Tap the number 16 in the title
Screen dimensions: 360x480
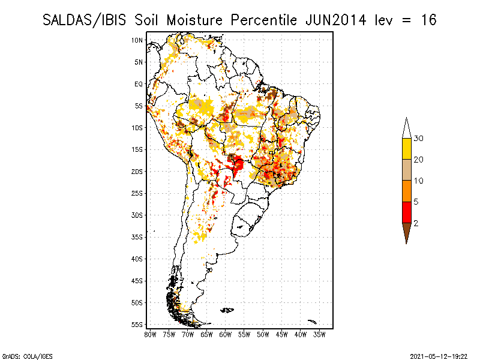pos(428,20)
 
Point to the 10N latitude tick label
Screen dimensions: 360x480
pos(137,40)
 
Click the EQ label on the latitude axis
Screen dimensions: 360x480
pos(139,84)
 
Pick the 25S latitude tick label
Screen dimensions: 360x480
pos(137,193)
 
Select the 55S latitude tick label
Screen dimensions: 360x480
pos(137,325)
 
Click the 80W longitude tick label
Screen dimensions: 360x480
pos(150,334)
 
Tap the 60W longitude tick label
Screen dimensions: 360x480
pos(226,334)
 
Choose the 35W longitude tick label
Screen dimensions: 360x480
pos(320,334)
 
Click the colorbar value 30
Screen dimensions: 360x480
pos(419,139)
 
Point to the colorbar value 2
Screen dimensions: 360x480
pos(416,223)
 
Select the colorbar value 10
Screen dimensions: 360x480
pos(419,181)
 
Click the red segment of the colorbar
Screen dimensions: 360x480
pos(407,212)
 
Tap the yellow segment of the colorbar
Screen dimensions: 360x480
pos(407,149)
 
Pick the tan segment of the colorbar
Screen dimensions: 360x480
pos(407,170)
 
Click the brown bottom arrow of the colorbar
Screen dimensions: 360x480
pos(407,231)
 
